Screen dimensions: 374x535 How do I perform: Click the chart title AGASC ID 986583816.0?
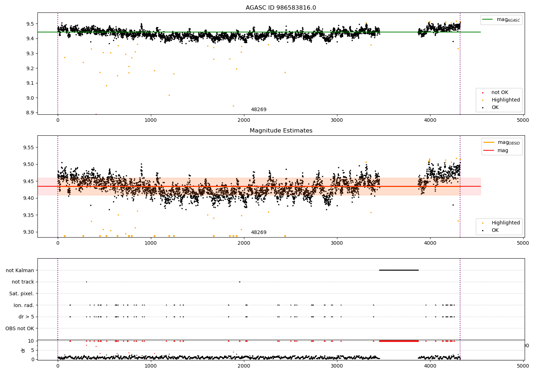(x=281, y=8)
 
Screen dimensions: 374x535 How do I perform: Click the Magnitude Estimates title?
(x=281, y=131)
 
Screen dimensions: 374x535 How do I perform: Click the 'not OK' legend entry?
(x=500, y=93)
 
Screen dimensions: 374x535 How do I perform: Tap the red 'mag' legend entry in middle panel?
(x=503, y=150)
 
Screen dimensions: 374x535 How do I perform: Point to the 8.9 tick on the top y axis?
(x=30, y=113)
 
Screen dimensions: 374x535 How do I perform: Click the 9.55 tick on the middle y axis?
(x=29, y=147)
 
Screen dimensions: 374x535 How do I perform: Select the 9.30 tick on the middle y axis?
(x=29, y=232)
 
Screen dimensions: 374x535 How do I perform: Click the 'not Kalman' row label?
(x=20, y=270)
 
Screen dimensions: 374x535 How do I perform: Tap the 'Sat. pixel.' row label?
(x=21, y=294)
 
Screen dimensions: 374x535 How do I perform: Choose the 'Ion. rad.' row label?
(x=24, y=305)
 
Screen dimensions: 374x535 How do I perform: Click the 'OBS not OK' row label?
(x=20, y=328)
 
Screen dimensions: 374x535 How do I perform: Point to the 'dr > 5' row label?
(x=26, y=317)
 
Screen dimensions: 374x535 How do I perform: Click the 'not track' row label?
(x=23, y=282)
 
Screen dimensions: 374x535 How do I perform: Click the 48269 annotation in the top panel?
(x=259, y=110)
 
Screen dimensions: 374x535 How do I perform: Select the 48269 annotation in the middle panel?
(x=259, y=233)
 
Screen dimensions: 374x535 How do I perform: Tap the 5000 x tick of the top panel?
(x=523, y=120)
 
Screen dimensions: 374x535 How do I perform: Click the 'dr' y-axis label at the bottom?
(x=23, y=350)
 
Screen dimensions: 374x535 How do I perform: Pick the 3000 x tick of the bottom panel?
(x=337, y=366)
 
